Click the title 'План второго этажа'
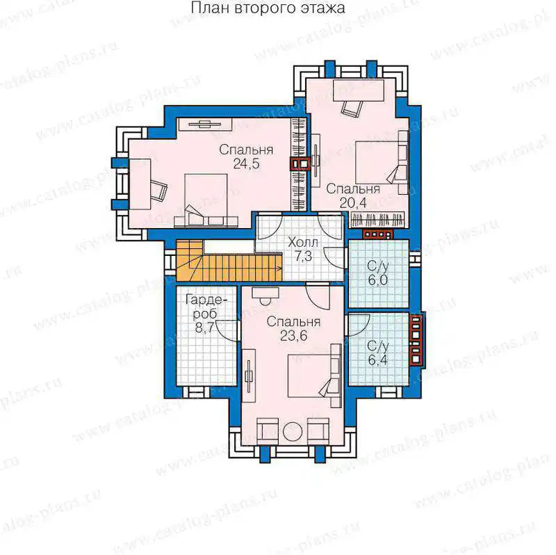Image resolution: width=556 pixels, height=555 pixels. pyautogui.click(x=268, y=8)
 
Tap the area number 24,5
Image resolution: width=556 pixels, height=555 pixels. pyautogui.click(x=246, y=164)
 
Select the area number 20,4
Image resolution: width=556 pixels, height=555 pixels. pyautogui.click(x=353, y=202)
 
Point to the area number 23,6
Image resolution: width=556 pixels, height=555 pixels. pyautogui.click(x=293, y=335)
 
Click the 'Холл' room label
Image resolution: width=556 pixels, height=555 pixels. pyautogui.click(x=303, y=243)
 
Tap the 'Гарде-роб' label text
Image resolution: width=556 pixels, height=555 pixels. pyautogui.click(x=206, y=307)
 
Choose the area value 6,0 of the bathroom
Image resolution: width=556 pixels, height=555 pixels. pyautogui.click(x=377, y=280)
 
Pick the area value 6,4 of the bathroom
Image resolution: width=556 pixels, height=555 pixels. pyautogui.click(x=377, y=360)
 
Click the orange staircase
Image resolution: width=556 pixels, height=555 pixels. pyautogui.click(x=229, y=262)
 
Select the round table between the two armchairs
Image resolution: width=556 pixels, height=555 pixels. pyautogui.click(x=293, y=432)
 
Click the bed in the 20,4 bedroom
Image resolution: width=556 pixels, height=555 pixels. pyautogui.click(x=382, y=162)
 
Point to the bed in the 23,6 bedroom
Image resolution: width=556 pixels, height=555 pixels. pyautogui.click(x=315, y=376)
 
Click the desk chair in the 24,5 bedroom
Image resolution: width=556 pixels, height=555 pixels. pyautogui.click(x=159, y=189)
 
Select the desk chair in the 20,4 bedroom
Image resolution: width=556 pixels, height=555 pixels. pyautogui.click(x=352, y=107)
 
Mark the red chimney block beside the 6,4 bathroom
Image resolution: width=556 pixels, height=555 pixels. pyautogui.click(x=416, y=340)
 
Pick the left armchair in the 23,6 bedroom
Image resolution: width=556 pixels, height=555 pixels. pyautogui.click(x=267, y=431)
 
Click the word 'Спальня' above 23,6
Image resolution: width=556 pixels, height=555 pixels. pyautogui.click(x=293, y=322)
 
